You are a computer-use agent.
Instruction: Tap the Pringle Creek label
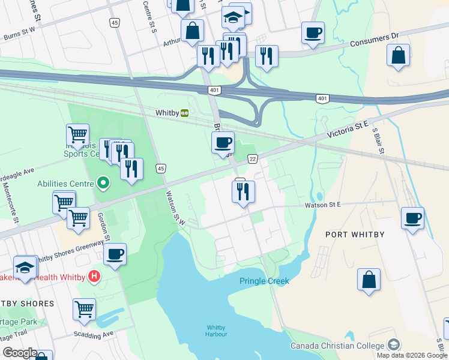point(264,281)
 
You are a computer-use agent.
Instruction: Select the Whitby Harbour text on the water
point(215,331)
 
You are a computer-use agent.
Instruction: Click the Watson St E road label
point(323,205)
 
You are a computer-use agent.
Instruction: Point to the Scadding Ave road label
point(93,334)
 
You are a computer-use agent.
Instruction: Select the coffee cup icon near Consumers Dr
point(313,32)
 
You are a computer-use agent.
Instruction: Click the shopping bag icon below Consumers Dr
point(398,55)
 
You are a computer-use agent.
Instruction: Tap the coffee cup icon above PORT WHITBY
point(412,218)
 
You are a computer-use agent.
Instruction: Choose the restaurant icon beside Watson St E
point(243,191)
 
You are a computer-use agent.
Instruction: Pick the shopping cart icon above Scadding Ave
point(84,310)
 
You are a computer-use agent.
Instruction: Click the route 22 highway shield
point(253,158)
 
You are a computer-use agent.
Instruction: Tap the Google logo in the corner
point(19,353)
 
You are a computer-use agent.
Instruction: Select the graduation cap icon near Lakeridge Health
point(25,268)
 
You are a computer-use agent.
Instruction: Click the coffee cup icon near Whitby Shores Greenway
point(115,254)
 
